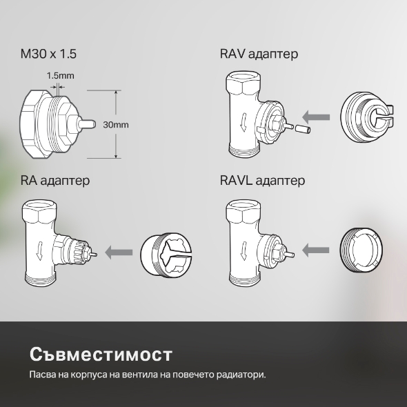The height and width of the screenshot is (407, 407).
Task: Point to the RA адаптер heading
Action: coord(57,181)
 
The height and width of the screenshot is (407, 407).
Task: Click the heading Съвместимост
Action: coord(101,355)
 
